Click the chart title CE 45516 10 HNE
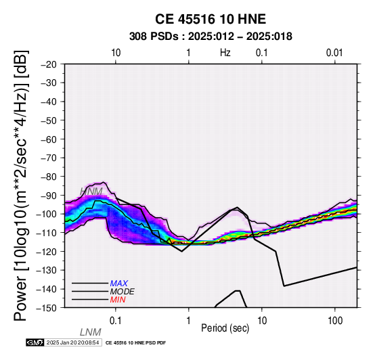coord(211,19)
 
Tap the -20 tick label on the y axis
coord(49,64)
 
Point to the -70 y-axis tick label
coord(49,158)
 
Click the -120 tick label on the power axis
coord(47,251)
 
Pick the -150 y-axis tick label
coord(47,307)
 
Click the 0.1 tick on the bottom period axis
coord(115,321)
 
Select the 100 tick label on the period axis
coord(335,321)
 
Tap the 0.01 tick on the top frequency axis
coord(334,53)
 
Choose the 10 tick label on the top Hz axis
coord(116,53)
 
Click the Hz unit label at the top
coord(225,53)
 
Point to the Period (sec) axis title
coord(225,328)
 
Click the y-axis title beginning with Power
coord(20,185)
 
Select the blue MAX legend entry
coord(119,284)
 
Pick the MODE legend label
coord(123,292)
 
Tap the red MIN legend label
coord(118,300)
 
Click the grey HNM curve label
coord(91,192)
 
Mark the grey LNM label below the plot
coord(91,332)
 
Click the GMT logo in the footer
coord(35,342)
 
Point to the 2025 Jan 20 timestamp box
coord(73,342)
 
